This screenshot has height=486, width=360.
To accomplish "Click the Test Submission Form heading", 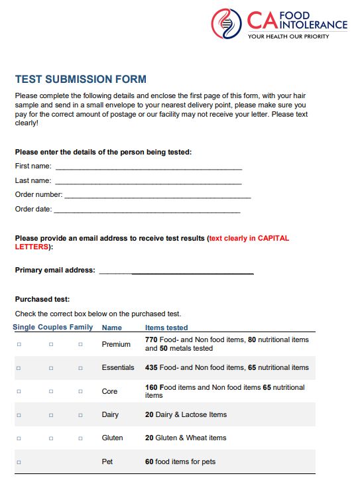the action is (81, 80).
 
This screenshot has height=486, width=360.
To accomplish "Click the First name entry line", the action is (149, 166).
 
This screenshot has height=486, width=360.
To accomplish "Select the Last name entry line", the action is (149, 181).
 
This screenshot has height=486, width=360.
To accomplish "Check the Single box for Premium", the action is (19, 344).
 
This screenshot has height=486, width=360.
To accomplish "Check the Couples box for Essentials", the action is (51, 368).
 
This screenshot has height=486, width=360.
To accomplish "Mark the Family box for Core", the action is (80, 392).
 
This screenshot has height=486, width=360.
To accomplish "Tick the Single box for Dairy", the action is (19, 415).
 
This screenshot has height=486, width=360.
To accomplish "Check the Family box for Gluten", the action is (80, 438).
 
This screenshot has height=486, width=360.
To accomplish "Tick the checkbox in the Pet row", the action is (19, 462).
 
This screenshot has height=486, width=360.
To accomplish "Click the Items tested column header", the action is (166, 328).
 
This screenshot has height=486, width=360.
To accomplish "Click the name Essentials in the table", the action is (118, 367).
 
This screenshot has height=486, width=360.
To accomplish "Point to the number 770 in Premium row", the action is (151, 339).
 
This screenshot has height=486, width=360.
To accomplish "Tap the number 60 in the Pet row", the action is (149, 461).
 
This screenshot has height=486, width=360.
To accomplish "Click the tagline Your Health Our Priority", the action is (288, 36).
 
